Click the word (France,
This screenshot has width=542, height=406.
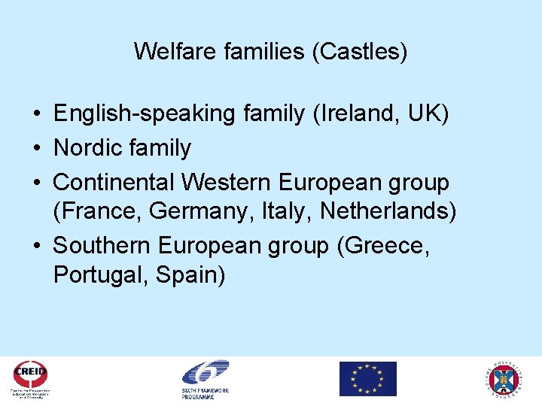99,211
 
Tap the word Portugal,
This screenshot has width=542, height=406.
102,274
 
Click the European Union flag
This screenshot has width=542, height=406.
367,379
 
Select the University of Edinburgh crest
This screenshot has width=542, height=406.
506,379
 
